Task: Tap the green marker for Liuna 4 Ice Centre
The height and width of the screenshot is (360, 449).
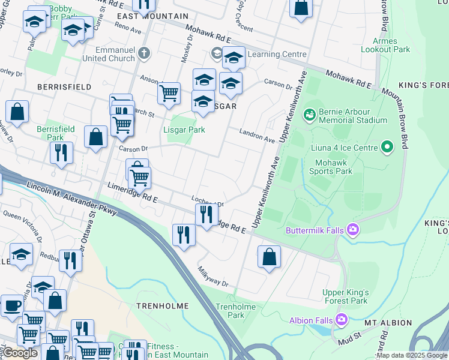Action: pos(387,146)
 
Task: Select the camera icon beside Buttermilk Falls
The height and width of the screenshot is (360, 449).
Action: pos(354,229)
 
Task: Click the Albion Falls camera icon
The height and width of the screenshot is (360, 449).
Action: pos(342,319)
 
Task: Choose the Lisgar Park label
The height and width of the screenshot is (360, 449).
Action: pos(184,130)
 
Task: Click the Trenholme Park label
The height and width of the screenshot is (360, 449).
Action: pos(235,311)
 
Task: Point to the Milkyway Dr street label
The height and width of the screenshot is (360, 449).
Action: pos(214,274)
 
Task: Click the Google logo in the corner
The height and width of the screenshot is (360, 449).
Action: pos(19,353)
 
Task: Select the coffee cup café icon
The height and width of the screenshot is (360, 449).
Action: pos(12,305)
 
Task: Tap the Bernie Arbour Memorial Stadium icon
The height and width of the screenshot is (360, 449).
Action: pos(309,113)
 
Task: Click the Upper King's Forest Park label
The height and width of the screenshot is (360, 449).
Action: pos(345,296)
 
